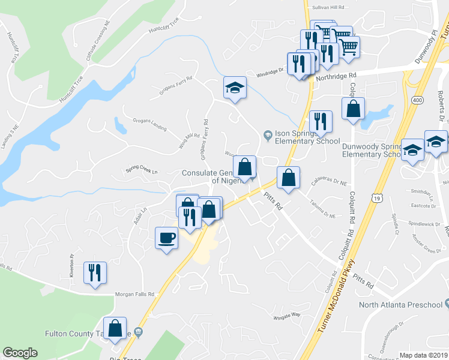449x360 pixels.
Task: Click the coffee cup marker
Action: [166, 238]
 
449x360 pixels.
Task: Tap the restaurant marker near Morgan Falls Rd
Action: [95, 273]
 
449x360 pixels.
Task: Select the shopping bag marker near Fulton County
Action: [115, 328]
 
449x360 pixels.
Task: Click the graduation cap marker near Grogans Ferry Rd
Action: [235, 88]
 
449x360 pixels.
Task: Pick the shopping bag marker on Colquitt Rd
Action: [354, 109]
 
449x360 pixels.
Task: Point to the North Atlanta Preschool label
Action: [400, 305]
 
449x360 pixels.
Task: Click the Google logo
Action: [20, 353]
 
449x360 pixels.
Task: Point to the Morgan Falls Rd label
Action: [135, 294]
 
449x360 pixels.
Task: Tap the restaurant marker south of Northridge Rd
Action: [321, 122]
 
